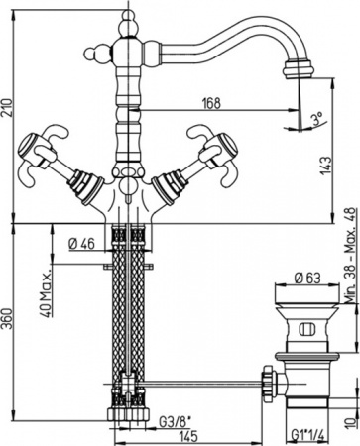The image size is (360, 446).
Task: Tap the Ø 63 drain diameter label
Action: coord(306,276)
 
